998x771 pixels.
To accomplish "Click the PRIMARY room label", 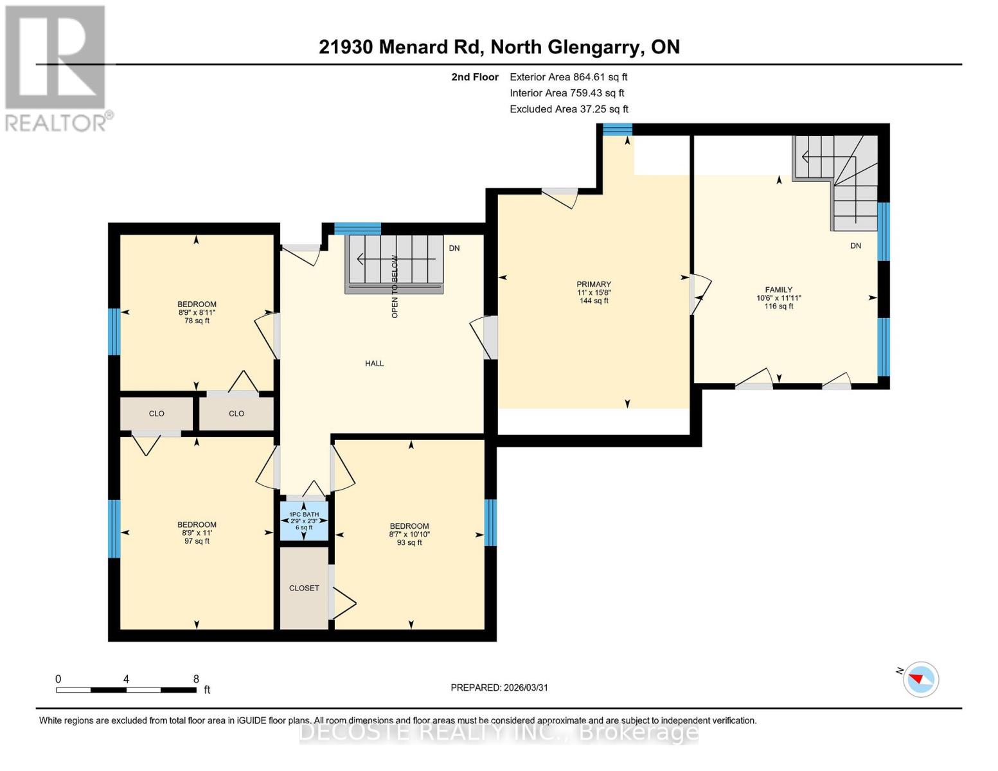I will pyautogui.click(x=593, y=292).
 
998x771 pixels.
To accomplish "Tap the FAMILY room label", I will pyautogui.click(x=778, y=298).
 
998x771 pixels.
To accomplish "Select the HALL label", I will pyautogui.click(x=374, y=364).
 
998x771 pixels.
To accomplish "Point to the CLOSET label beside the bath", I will pyautogui.click(x=304, y=588).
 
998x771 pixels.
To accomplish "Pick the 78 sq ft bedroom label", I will pyautogui.click(x=197, y=312).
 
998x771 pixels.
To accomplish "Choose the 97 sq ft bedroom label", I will pyautogui.click(x=197, y=533).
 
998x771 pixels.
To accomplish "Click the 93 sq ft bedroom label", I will pyautogui.click(x=409, y=534).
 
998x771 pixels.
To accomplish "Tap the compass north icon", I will pyautogui.click(x=920, y=678).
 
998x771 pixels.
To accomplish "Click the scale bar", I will pyautogui.click(x=126, y=689).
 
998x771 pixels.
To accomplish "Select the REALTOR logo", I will pyautogui.click(x=57, y=67).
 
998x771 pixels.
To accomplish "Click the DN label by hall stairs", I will pyautogui.click(x=454, y=248).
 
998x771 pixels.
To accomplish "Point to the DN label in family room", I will pyautogui.click(x=855, y=245).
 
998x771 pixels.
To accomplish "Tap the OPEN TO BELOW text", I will pyautogui.click(x=395, y=287).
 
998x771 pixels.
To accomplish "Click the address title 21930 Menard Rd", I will pyautogui.click(x=499, y=47).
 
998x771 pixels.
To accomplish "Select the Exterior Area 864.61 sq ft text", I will pyautogui.click(x=568, y=77).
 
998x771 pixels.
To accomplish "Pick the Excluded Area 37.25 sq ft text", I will pyautogui.click(x=569, y=109).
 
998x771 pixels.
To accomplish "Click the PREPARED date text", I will pyautogui.click(x=499, y=687).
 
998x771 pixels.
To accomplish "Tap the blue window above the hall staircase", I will pyautogui.click(x=357, y=229).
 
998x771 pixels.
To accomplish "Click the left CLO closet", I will pyautogui.click(x=156, y=414).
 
